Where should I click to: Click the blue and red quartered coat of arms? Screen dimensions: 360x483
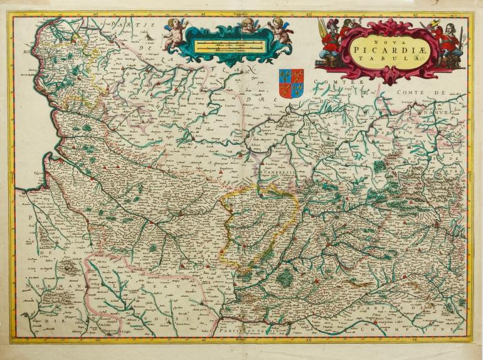point(291,83)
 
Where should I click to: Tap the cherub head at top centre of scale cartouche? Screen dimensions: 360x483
point(250,25)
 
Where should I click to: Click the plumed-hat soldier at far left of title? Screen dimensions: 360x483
point(326,35)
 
